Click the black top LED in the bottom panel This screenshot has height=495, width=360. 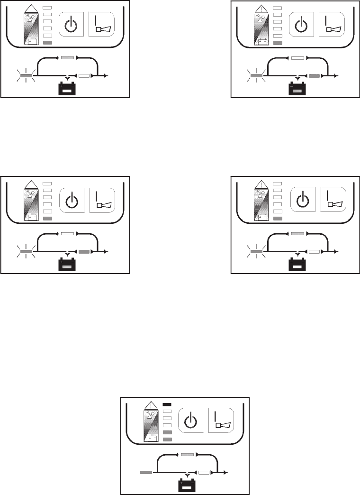[x=167, y=404]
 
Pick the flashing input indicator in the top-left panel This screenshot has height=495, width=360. [x=26, y=75]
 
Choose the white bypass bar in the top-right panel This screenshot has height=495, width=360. [x=297, y=58]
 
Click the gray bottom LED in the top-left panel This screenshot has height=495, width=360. [x=47, y=43]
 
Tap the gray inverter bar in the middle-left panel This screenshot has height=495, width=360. [x=84, y=251]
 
